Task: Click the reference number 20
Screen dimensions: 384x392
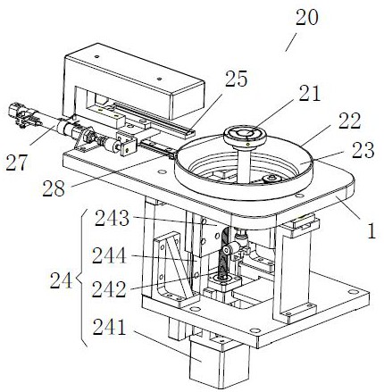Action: pyautogui.click(x=307, y=18)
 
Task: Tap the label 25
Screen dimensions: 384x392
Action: pyautogui.click(x=236, y=79)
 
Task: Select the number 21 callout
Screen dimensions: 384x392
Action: pyautogui.click(x=310, y=93)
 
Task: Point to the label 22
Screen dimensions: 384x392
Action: pyautogui.click(x=349, y=121)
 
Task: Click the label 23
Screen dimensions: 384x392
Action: pyautogui.click(x=363, y=150)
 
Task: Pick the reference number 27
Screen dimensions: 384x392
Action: pyautogui.click(x=17, y=163)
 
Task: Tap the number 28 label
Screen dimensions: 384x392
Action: pyautogui.click(x=54, y=188)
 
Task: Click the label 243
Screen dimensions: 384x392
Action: pyautogui.click(x=113, y=219)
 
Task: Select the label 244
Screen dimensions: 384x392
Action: pyautogui.click(x=109, y=255)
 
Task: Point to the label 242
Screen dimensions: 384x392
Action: pyautogui.click(x=109, y=289)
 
